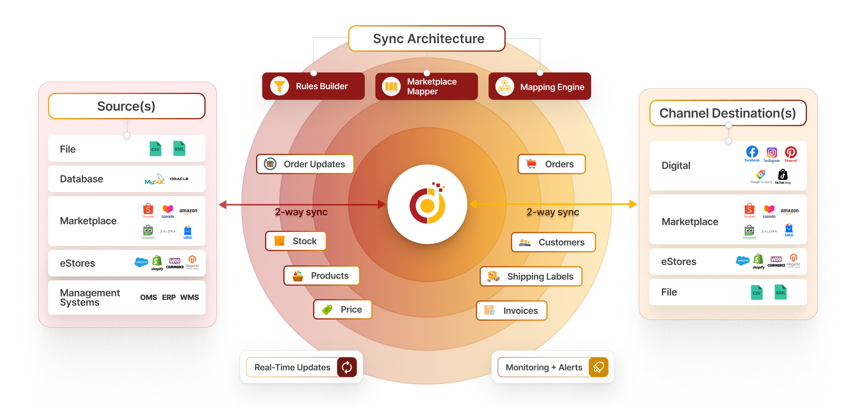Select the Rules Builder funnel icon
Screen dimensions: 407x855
tap(279, 86)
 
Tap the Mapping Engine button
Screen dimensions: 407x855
tap(539, 86)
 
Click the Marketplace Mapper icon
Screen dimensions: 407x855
tap(391, 86)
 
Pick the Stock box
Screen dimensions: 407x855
tap(296, 241)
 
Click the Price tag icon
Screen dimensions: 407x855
tap(327, 310)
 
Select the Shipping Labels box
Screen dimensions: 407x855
tap(531, 276)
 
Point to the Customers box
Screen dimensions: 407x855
tap(553, 242)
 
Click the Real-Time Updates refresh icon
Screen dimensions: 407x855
tap(347, 367)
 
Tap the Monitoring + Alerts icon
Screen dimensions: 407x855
tap(598, 367)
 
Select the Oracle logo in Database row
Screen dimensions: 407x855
tap(179, 179)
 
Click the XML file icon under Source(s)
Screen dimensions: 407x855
tap(179, 149)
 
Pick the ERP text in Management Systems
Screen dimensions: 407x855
tap(169, 298)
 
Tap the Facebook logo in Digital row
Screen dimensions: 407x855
tap(752, 153)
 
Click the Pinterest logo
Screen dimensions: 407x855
tap(791, 153)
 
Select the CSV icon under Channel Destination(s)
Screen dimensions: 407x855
tap(756, 292)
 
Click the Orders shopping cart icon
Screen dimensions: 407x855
tap(531, 164)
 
